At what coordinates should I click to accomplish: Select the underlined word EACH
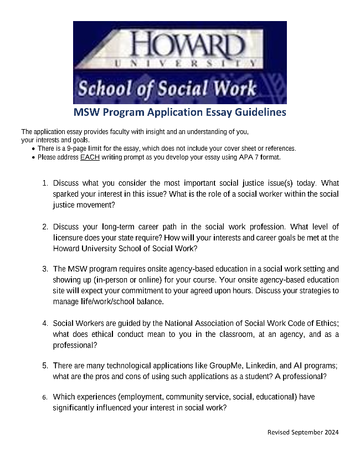90,157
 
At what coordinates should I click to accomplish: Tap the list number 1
45,183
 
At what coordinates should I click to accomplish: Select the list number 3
45,269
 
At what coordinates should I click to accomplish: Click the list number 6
45,397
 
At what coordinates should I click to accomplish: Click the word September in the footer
304,432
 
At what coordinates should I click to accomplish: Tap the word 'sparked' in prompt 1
66,194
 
